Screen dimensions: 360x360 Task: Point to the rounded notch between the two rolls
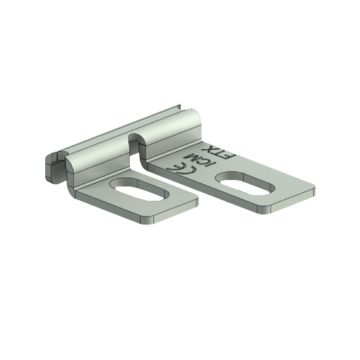pyautogui.click(x=134, y=139)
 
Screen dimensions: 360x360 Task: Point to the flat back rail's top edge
pyautogui.click(x=115, y=131)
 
